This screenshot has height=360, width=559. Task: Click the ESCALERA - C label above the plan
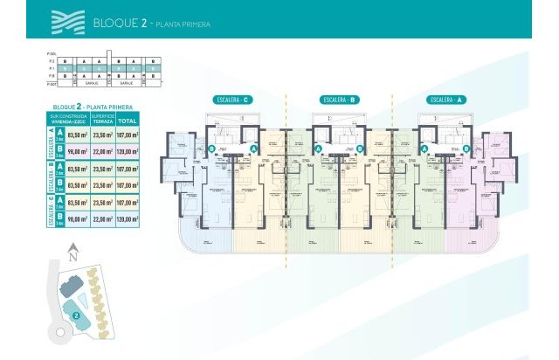click(x=233, y=100)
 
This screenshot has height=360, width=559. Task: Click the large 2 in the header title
click(x=141, y=24)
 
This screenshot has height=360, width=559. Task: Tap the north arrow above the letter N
click(x=74, y=246)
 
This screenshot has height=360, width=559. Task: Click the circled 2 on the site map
click(x=76, y=315)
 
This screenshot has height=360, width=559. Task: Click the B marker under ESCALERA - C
click(x=213, y=149)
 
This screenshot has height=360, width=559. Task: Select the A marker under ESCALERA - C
click(x=253, y=149)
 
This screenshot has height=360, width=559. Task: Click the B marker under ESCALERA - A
click(x=466, y=149)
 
